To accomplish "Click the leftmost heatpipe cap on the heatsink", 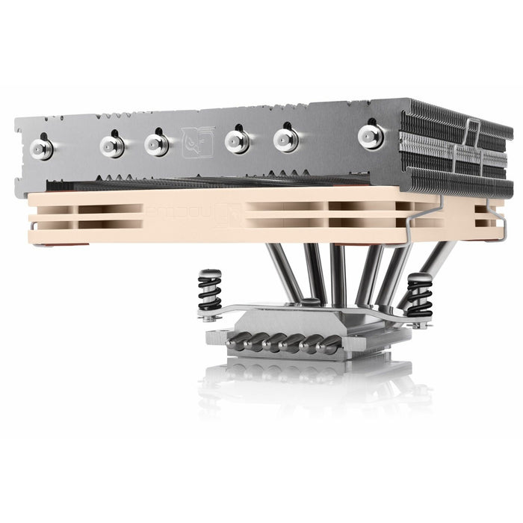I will point(41,149).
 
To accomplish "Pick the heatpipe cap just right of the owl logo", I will point(237,140).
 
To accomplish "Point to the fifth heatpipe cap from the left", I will point(285,139).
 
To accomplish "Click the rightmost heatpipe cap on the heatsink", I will point(371,135).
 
